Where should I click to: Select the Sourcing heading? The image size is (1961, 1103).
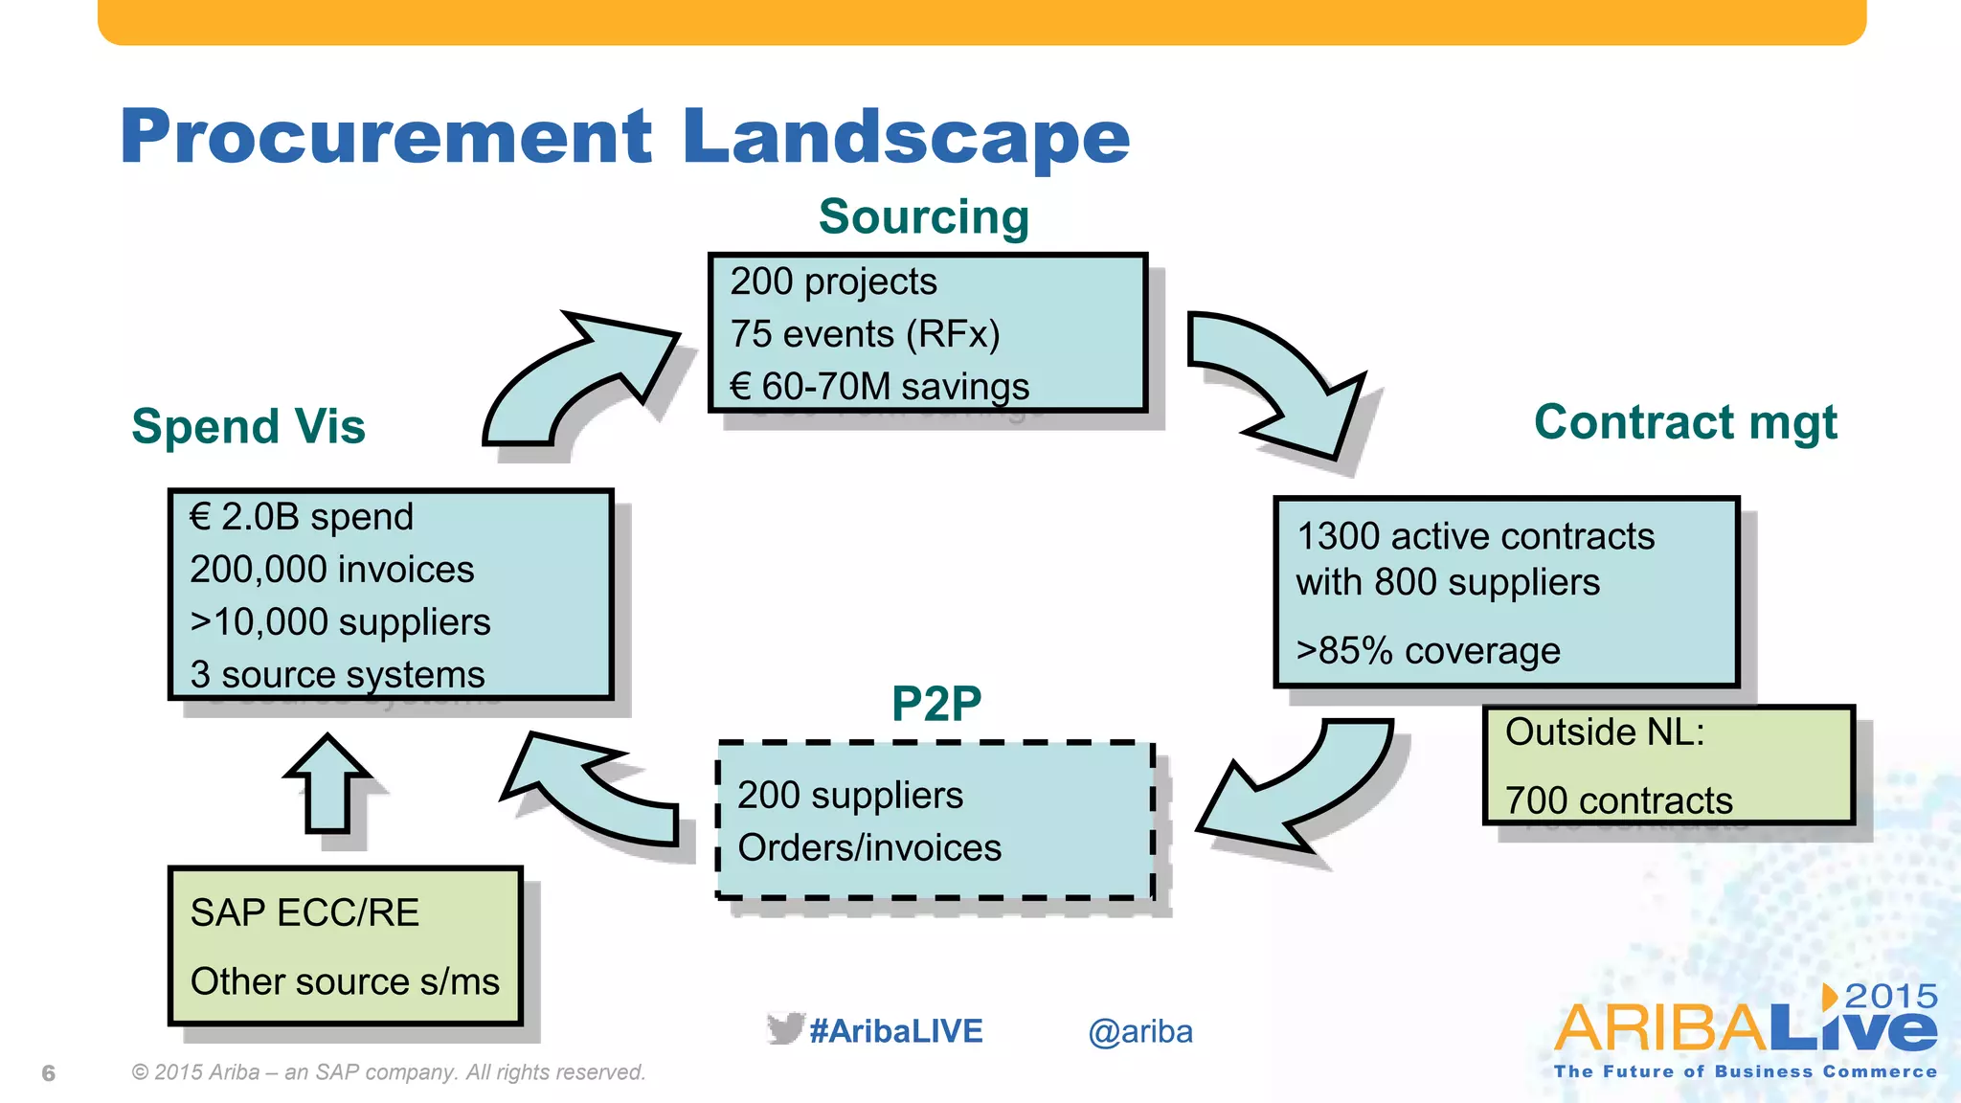pos(924,216)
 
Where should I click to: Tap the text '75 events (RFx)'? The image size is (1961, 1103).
pos(865,334)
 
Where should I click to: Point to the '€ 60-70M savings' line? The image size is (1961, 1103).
pos(879,387)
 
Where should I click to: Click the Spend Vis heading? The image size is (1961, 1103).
pos(248,426)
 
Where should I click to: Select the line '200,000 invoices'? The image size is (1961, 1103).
pos(331,570)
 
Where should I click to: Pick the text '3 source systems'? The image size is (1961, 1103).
pos(337,674)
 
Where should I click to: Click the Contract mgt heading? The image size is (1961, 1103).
pos(1685,422)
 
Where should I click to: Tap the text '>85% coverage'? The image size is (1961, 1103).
pos(1428,651)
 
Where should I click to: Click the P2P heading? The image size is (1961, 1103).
pos(935,704)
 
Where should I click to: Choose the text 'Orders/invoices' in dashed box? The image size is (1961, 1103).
pos(868,847)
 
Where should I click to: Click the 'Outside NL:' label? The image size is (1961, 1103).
pos(1605,732)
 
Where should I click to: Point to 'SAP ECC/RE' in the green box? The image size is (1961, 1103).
pos(304,912)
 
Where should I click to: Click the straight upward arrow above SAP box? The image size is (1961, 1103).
pos(327,785)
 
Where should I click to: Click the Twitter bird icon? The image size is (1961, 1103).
pos(784,1029)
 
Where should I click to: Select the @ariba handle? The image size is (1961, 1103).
pos(1139,1032)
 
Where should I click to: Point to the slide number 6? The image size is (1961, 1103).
pos(49,1073)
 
